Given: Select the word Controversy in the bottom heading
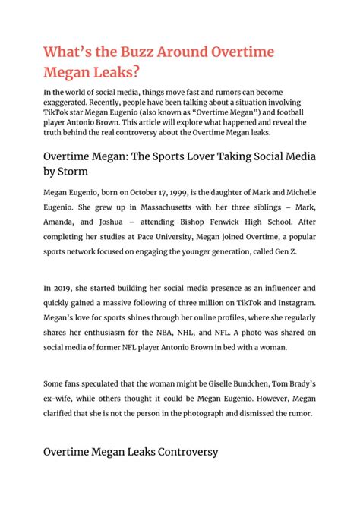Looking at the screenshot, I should click(x=180, y=451).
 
